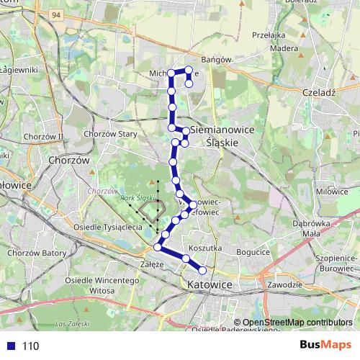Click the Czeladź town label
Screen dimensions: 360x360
click(320, 93)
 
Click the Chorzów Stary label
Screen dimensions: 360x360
click(110, 134)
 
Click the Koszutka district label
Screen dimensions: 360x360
click(210, 248)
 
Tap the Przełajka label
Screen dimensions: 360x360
click(270, 35)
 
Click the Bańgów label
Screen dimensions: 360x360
click(216, 60)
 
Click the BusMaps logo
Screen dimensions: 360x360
click(325, 346)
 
